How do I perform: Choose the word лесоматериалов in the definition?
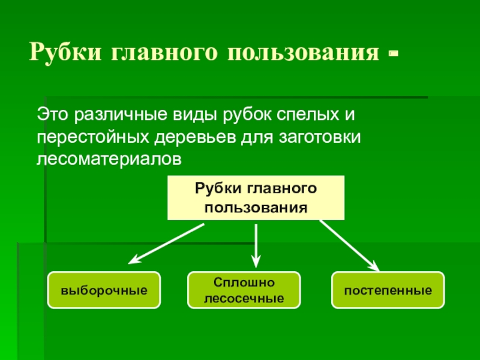point(108,159)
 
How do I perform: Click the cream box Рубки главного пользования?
point(256,199)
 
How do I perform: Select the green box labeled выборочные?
point(104,290)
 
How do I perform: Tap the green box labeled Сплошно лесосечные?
point(244,290)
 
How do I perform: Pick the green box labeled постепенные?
point(388,290)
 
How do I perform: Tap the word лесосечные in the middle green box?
point(244,298)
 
